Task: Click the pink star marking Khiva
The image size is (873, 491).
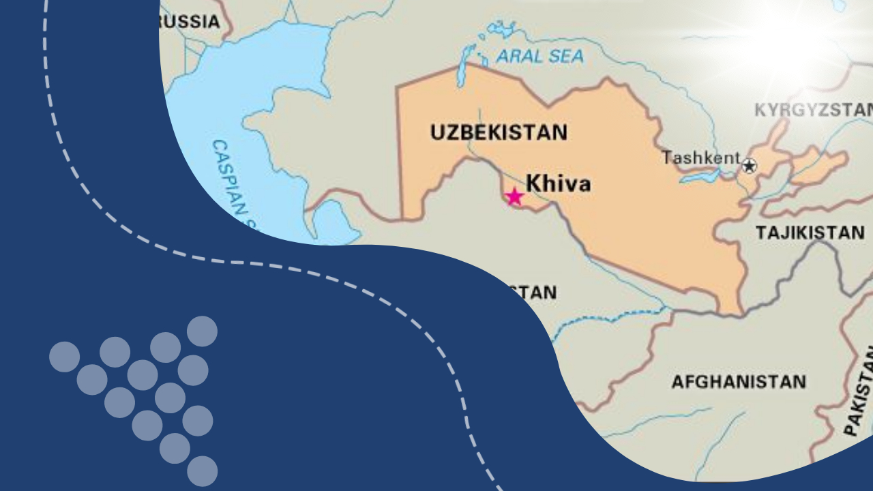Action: click(x=514, y=197)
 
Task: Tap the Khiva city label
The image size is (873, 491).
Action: click(x=558, y=183)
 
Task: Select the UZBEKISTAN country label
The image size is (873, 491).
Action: click(x=499, y=132)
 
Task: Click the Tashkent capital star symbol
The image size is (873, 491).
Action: click(x=749, y=166)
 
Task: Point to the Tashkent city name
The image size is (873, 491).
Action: click(x=700, y=158)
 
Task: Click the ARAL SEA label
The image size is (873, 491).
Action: click(x=540, y=57)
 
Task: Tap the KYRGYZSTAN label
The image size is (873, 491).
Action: click(x=813, y=110)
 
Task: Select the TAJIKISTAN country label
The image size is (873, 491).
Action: click(x=810, y=233)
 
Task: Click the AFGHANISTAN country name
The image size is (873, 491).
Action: click(x=739, y=381)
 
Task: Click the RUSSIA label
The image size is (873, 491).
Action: click(x=191, y=22)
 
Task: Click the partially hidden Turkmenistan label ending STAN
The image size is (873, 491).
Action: click(x=535, y=293)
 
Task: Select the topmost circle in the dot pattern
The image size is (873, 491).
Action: click(x=202, y=331)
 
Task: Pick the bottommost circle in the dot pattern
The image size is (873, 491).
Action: click(x=202, y=471)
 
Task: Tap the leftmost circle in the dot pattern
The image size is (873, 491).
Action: click(x=64, y=357)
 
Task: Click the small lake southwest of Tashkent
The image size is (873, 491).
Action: click(x=699, y=177)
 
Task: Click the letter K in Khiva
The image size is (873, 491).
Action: click(x=533, y=183)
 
